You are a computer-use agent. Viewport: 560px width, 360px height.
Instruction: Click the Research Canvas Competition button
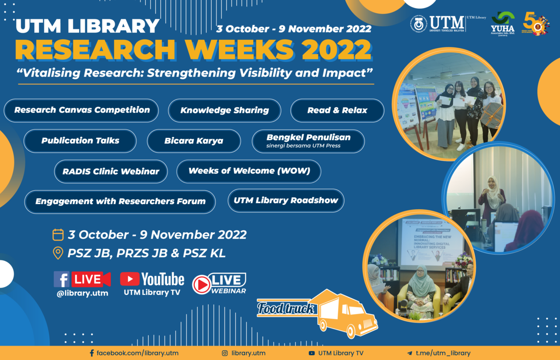coord(81,110)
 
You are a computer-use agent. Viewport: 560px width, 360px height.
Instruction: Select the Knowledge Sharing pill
coord(224,111)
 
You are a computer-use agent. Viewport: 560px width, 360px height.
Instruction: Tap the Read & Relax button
coord(337,111)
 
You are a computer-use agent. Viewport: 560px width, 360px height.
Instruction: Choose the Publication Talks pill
coord(80,141)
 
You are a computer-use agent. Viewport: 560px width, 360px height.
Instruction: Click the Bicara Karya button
coord(194,141)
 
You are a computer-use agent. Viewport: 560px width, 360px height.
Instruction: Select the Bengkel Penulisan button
coord(308,141)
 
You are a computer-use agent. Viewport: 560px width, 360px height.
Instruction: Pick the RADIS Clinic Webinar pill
coord(111,171)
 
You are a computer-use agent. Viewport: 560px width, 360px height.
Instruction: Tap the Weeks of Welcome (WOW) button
coord(249,171)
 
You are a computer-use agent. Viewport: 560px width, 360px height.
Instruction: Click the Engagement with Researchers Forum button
coord(120,202)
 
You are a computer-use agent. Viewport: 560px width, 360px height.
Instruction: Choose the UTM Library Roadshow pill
coord(286,201)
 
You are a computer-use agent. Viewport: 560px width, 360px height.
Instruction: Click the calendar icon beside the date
coord(58,235)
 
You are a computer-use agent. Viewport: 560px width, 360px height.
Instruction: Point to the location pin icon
coord(58,253)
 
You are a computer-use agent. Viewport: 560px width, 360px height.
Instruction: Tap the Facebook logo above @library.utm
coord(61,279)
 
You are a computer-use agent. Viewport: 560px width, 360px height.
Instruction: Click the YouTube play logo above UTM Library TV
coord(130,279)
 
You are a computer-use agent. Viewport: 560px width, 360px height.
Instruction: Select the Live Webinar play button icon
coord(201,284)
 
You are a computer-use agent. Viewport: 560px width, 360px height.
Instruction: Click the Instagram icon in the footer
coord(225,353)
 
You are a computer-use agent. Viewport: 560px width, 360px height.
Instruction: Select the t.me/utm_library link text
coord(443,353)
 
